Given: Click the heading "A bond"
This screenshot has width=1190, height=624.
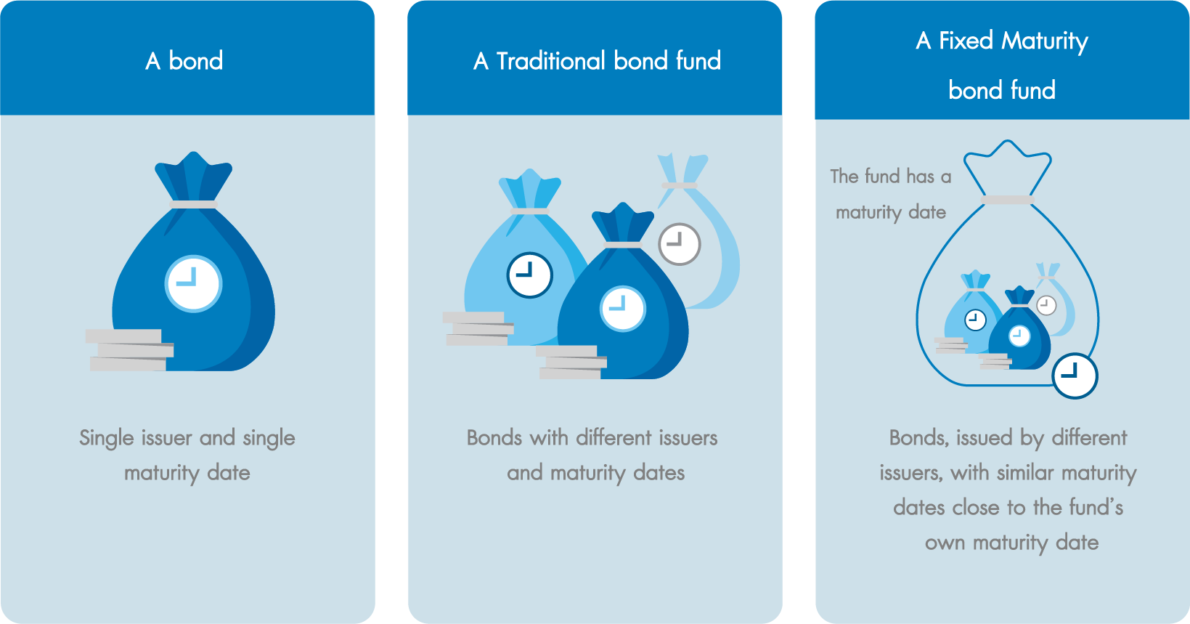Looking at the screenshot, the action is (x=184, y=60).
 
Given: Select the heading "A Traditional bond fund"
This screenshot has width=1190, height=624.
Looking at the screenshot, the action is (x=597, y=60).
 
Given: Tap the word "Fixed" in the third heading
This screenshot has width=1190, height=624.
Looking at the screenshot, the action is (x=966, y=41).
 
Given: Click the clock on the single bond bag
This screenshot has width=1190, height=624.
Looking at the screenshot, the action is (x=193, y=284).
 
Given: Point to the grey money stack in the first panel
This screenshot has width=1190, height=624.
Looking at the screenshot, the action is (x=130, y=349).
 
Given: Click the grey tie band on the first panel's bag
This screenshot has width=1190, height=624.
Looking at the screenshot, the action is (x=193, y=205).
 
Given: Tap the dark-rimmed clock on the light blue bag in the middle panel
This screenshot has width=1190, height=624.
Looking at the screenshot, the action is (x=530, y=275).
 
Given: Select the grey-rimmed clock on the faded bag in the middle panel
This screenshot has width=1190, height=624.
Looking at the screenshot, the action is (x=680, y=244).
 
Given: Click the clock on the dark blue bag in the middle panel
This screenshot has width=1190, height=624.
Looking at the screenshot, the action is (x=623, y=309).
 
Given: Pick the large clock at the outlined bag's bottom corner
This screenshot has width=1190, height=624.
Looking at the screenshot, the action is (x=1075, y=376).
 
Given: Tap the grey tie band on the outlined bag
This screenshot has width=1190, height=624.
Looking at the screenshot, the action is (x=1007, y=200).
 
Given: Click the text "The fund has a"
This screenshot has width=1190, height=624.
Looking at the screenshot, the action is (x=891, y=177).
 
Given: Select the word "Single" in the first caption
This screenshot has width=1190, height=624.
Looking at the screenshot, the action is (x=106, y=439).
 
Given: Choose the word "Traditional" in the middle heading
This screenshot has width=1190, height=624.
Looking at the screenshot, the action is (x=551, y=60).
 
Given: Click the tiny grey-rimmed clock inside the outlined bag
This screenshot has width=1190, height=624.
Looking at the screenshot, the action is (x=1046, y=306).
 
